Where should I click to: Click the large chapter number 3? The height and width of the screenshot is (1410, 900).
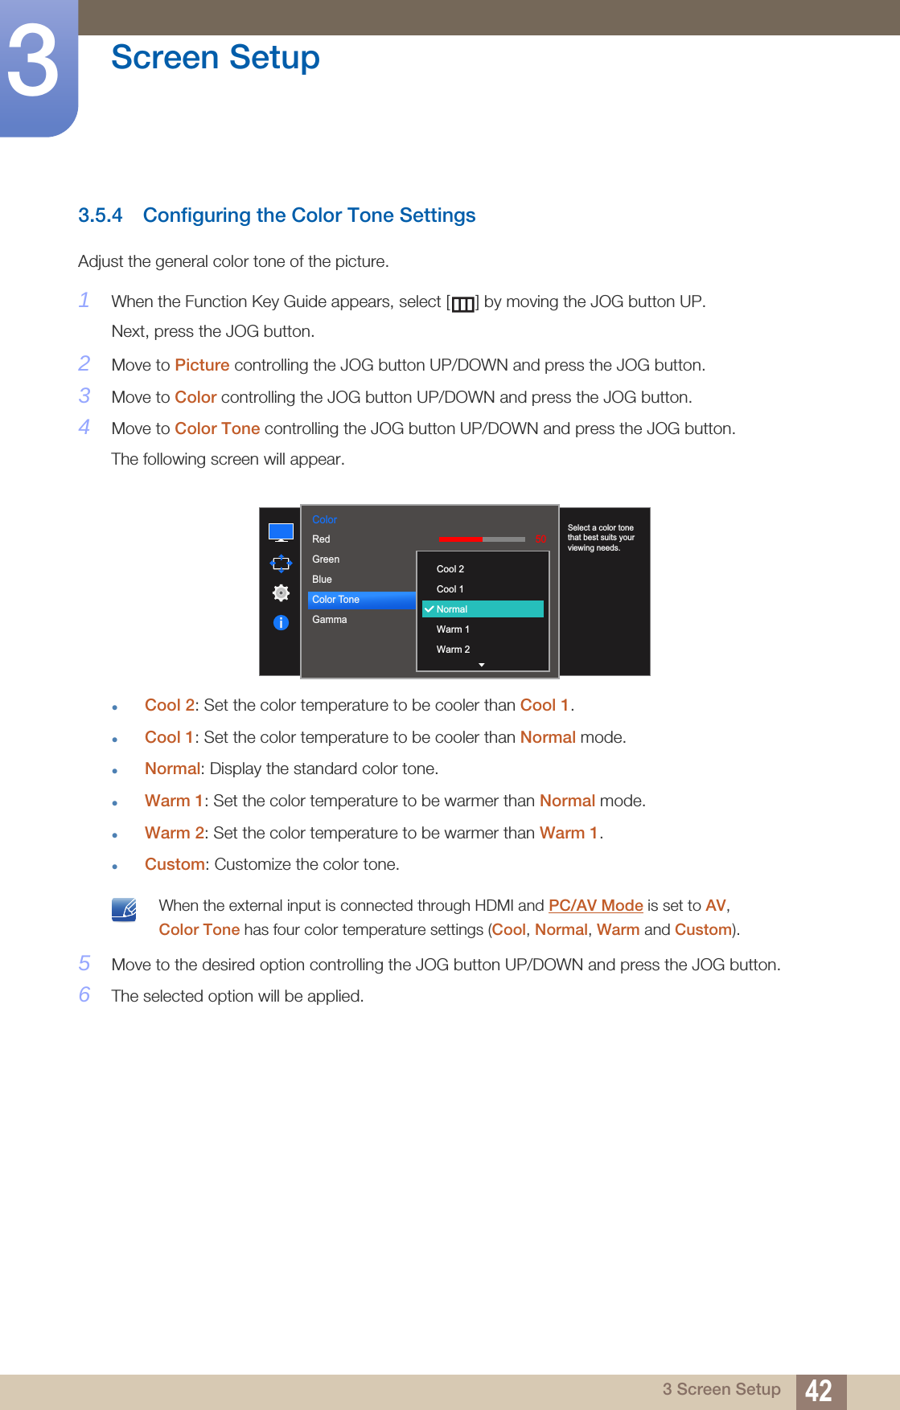[34, 62]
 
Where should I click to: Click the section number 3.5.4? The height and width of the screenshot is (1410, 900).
[100, 215]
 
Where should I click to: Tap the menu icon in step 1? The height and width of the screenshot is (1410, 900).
[462, 304]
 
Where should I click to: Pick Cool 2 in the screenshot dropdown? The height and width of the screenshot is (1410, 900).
[450, 569]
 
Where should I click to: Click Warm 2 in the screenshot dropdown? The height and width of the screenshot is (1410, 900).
[453, 650]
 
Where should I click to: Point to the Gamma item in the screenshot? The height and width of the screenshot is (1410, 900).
[330, 620]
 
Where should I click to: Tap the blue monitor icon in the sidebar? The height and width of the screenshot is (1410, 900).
[281, 532]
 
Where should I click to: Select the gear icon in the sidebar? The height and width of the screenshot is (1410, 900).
[281, 592]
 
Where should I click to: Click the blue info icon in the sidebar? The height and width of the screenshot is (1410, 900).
[281, 622]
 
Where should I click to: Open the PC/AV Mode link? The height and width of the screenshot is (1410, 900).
[595, 905]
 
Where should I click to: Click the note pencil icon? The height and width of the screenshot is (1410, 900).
[124, 909]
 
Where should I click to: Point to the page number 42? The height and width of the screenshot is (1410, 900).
[819, 1391]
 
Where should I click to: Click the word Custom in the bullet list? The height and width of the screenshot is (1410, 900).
[175, 864]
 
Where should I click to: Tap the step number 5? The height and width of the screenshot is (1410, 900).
[84, 963]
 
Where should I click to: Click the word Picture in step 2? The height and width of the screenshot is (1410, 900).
[202, 365]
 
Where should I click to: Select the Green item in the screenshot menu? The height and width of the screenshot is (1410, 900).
[326, 559]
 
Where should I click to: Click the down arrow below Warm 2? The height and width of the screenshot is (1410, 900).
[482, 665]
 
